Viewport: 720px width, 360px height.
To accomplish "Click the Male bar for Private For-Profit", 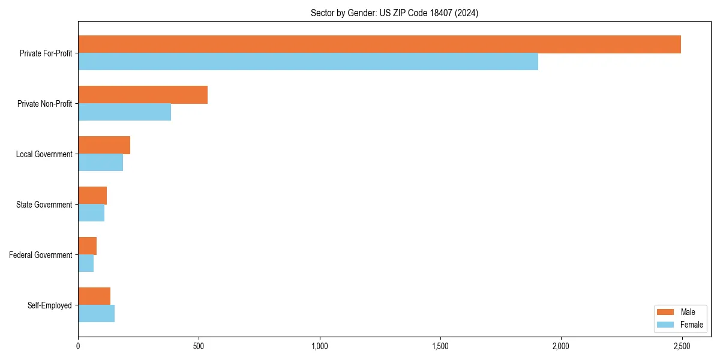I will pyautogui.click(x=379, y=44).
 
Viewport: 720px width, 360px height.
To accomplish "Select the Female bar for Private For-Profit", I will pyautogui.click(x=308, y=62).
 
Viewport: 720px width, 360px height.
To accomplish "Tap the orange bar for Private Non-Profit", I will pyautogui.click(x=143, y=95).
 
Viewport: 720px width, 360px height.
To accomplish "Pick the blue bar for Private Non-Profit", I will pyautogui.click(x=124, y=112).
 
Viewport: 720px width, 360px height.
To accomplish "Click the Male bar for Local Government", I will pyautogui.click(x=104, y=145).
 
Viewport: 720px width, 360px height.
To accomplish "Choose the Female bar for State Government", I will pyautogui.click(x=91, y=213).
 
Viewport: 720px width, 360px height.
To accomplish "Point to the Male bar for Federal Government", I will pyautogui.click(x=87, y=246).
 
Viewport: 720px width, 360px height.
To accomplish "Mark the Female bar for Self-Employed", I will pyautogui.click(x=96, y=314).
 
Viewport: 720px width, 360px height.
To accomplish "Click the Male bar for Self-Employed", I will pyautogui.click(x=94, y=296).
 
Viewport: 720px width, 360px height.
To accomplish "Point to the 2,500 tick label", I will pyautogui.click(x=682, y=346).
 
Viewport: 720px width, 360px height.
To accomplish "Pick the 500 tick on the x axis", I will pyautogui.click(x=199, y=346).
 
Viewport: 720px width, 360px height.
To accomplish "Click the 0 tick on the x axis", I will pyautogui.click(x=78, y=346).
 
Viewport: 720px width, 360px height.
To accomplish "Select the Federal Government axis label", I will pyautogui.click(x=41, y=255).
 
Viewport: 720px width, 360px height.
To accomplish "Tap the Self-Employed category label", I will pyautogui.click(x=50, y=305).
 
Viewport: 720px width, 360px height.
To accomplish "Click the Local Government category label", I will pyautogui.click(x=44, y=154).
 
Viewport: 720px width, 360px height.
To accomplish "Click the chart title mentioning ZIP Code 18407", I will pyautogui.click(x=394, y=13).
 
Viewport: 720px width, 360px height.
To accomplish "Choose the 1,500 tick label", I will pyautogui.click(x=440, y=346).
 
